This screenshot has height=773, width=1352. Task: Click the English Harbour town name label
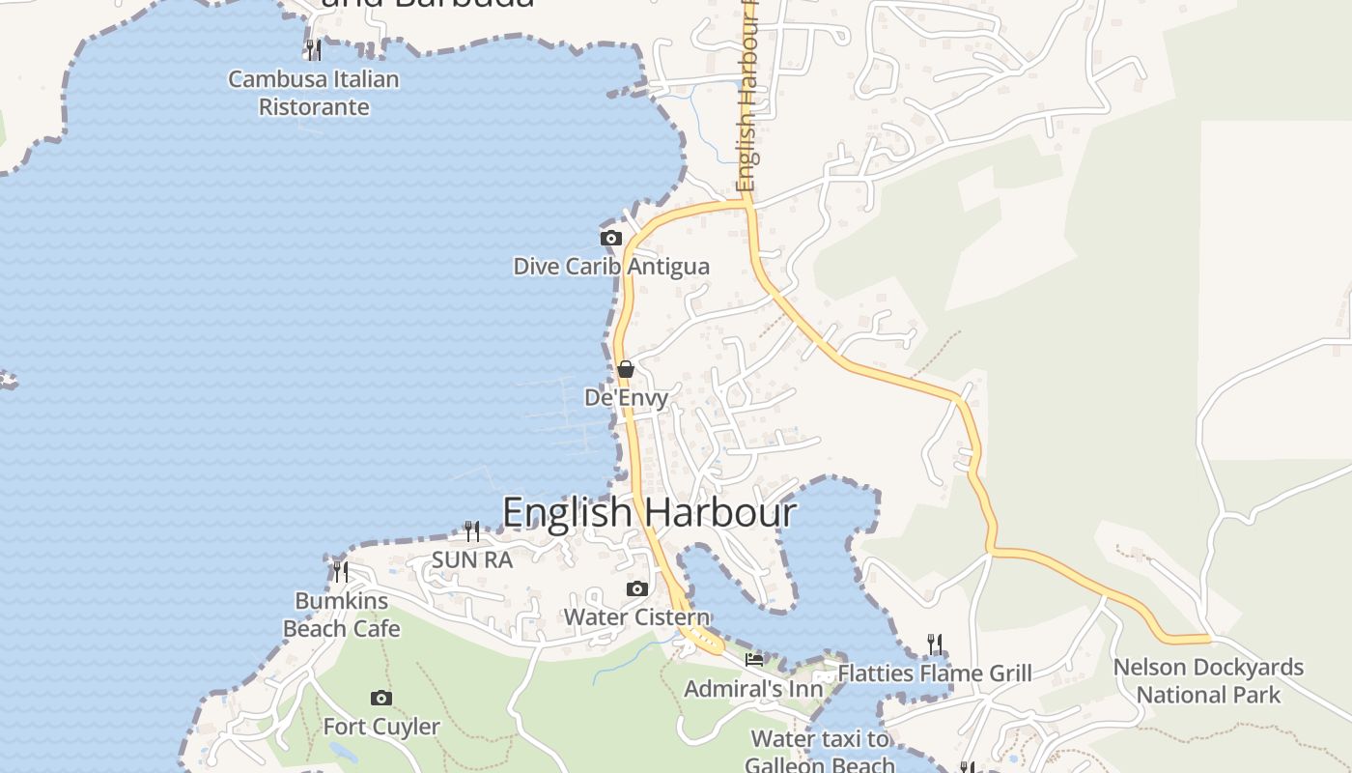coord(649,512)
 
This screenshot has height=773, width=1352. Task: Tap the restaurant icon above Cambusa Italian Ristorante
coord(314,50)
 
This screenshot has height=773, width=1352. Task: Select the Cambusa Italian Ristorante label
coord(314,93)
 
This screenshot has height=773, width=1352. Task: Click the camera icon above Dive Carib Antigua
coord(610,238)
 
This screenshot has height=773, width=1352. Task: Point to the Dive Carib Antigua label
coord(610,267)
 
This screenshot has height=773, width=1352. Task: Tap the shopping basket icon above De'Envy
coord(626,368)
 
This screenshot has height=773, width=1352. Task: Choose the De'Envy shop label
coord(626,397)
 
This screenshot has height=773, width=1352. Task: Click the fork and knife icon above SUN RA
coord(471,530)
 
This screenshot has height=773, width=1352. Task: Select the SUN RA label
coord(471,559)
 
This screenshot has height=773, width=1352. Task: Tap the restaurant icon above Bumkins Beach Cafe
coord(340,571)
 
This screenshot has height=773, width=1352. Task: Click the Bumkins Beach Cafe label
coord(341,615)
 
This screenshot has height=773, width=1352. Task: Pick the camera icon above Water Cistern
coord(636,588)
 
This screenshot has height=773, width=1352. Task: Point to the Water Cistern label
coord(636,617)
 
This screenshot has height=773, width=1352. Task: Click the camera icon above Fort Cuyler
coord(381,698)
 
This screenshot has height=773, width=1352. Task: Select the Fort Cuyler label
coord(381,727)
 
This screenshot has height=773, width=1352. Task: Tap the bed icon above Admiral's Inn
coord(754,660)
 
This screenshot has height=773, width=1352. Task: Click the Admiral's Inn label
coord(754,689)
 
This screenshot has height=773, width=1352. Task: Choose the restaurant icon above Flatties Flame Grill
coord(934,644)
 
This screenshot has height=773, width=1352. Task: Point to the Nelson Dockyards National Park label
coord(1208,681)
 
